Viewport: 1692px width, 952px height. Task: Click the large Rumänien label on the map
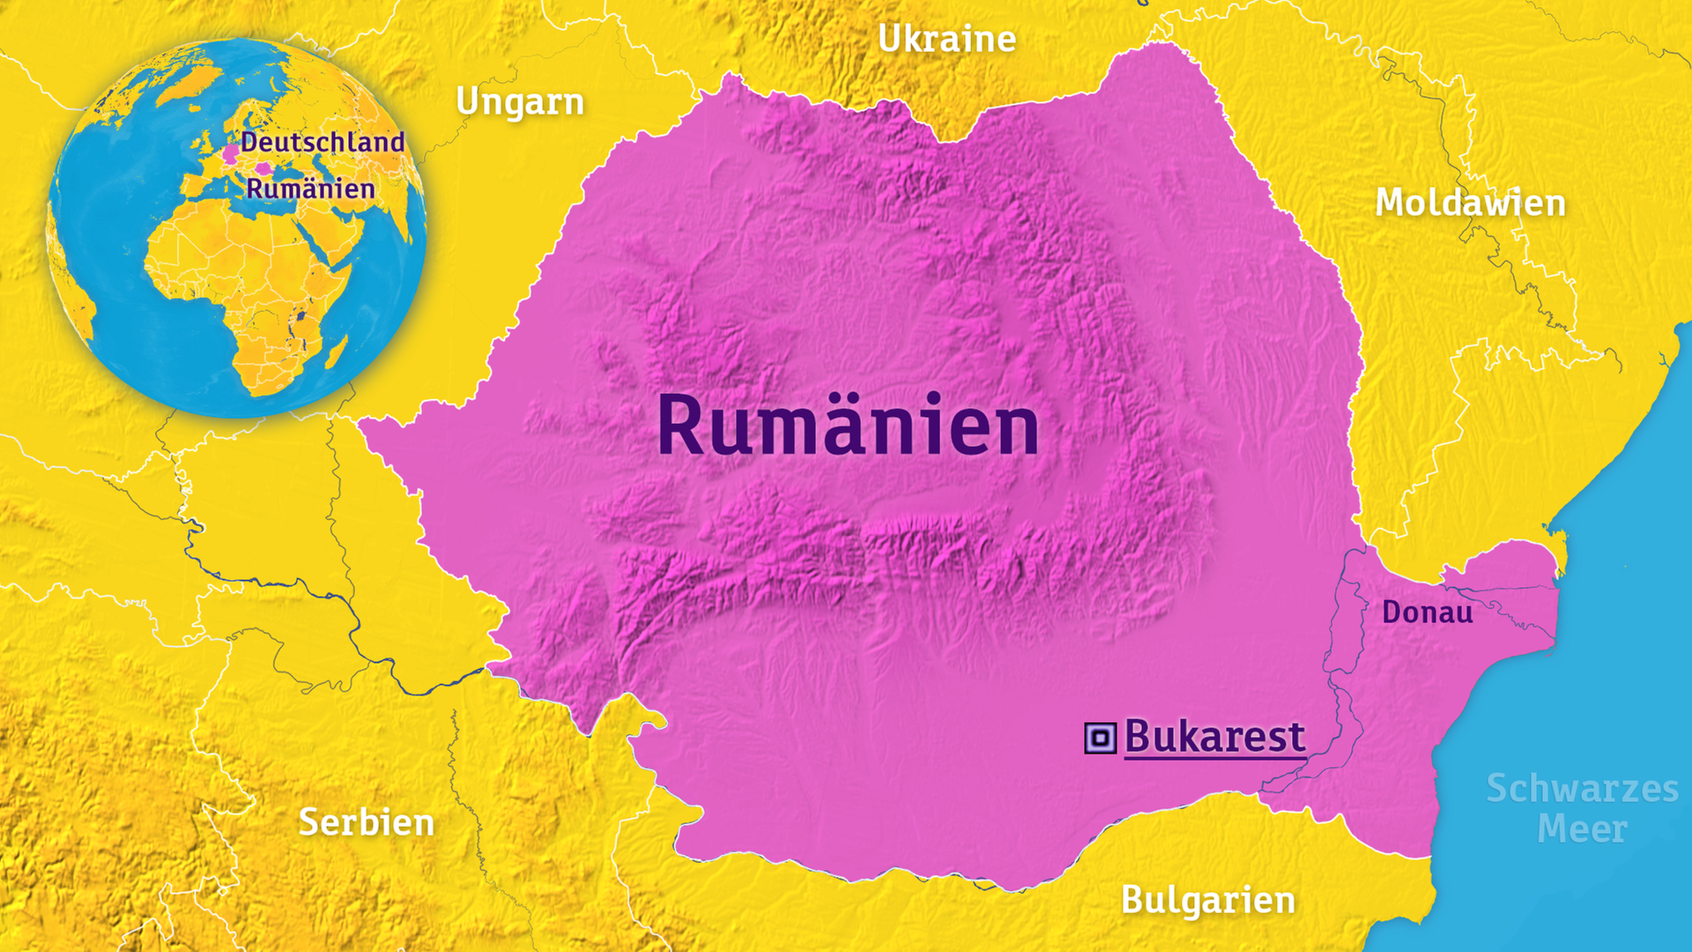(x=848, y=427)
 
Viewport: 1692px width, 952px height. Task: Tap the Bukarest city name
(x=1214, y=736)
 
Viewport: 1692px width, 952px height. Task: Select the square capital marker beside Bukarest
(x=1100, y=738)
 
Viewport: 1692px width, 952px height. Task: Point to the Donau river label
(x=1427, y=612)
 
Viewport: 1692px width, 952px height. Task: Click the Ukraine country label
(x=946, y=39)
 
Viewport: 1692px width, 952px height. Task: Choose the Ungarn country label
(x=520, y=102)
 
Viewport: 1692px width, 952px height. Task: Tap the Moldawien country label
(x=1470, y=203)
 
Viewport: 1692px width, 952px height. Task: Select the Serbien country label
(x=367, y=822)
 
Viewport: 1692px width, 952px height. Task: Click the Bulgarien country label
(x=1208, y=900)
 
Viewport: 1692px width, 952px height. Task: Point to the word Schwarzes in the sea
(x=1582, y=788)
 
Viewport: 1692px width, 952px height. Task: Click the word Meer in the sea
(x=1582, y=829)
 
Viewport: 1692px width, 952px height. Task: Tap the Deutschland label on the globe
(x=323, y=142)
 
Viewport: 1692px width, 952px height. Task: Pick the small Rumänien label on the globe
(x=310, y=189)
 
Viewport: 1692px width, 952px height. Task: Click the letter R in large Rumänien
(x=680, y=427)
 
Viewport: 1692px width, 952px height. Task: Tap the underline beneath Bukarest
(x=1214, y=756)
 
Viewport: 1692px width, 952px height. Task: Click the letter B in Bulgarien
(x=1132, y=900)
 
